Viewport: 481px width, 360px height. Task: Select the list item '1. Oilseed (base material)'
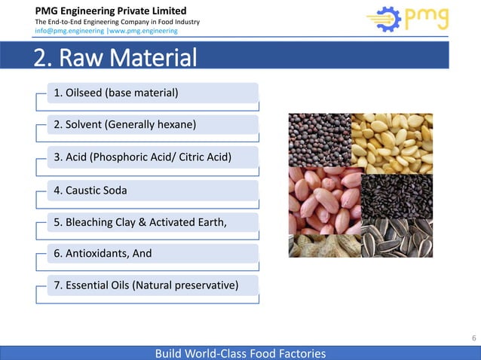point(116,93)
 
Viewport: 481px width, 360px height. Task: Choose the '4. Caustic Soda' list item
point(90,190)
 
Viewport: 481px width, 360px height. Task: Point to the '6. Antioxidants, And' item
point(103,253)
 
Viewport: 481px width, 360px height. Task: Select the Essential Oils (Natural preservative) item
point(146,285)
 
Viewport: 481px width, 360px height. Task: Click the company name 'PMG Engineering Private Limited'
point(110,10)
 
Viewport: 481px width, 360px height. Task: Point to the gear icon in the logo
point(384,20)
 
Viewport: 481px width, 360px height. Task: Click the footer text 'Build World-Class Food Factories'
point(240,353)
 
